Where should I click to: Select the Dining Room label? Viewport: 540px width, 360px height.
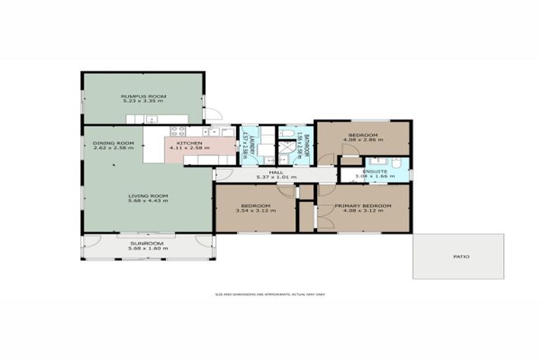(x=108, y=143)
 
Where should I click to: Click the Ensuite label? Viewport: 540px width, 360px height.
(x=373, y=171)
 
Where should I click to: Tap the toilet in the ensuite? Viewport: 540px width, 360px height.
(x=397, y=164)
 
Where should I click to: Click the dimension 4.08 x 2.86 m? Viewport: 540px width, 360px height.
(x=363, y=140)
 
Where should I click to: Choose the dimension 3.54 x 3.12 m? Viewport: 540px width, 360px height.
(x=255, y=210)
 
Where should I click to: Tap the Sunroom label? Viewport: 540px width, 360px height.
(x=147, y=243)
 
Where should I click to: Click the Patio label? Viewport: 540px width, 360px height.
(x=461, y=257)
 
